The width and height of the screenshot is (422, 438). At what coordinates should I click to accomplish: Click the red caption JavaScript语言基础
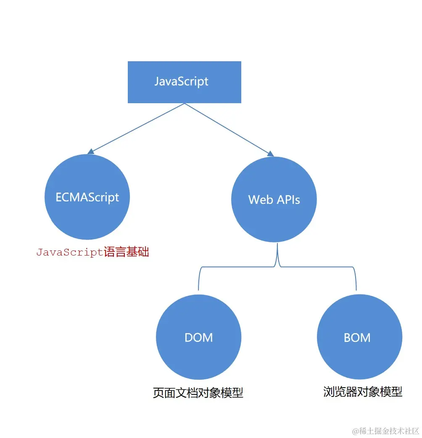point(92,252)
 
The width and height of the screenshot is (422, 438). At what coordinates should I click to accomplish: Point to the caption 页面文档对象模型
point(198,393)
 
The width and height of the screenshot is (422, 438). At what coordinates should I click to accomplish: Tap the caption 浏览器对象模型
point(363,392)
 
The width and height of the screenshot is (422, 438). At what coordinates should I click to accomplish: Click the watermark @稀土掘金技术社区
point(385,431)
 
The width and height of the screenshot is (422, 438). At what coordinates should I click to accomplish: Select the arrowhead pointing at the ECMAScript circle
point(90,152)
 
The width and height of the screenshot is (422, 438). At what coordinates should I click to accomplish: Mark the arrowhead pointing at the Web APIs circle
point(271,154)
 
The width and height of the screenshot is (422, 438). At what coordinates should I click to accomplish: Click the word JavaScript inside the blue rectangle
point(181,81)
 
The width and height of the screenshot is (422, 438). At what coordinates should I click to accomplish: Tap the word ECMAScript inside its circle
point(87,197)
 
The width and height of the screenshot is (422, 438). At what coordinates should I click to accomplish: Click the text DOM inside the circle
point(198,338)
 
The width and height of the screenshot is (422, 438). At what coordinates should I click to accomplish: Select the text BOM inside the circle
point(357,338)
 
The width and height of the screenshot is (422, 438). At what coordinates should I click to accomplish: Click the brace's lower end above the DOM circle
point(198,290)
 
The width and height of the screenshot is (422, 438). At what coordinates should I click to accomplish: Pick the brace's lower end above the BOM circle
point(356,289)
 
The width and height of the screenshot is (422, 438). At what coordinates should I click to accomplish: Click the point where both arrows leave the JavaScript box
point(185,103)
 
